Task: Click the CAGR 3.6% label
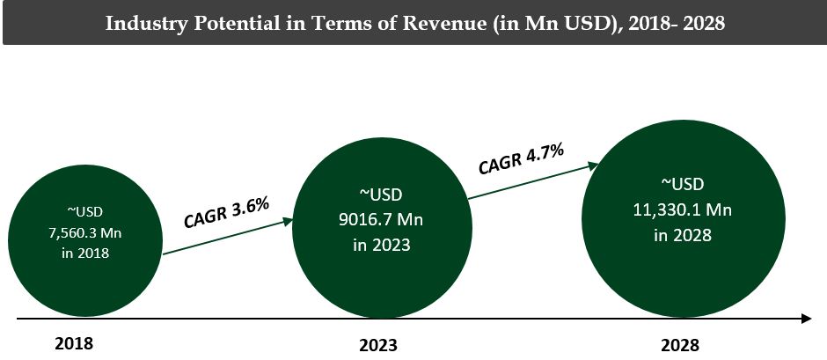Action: (226, 213)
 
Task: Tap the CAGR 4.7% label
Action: (521, 159)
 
